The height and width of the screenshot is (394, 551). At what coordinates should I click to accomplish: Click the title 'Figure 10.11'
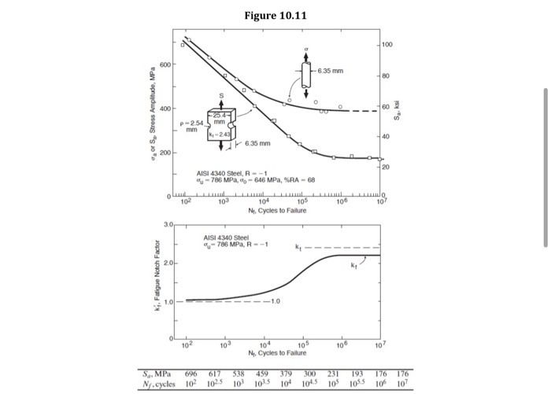pyautogui.click(x=275, y=13)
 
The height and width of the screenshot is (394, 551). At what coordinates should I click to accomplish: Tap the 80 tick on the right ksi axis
pyautogui.click(x=386, y=76)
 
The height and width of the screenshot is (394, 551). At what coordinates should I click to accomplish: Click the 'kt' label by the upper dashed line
pyautogui.click(x=297, y=248)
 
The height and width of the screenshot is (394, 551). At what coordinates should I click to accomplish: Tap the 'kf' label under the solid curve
pyautogui.click(x=353, y=267)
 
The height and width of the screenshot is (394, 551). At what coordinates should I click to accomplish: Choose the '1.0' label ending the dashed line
pyautogui.click(x=274, y=301)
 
